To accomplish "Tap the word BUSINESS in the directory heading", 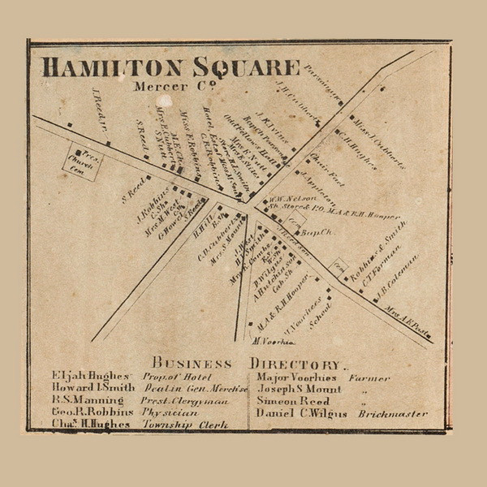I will (192, 364).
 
